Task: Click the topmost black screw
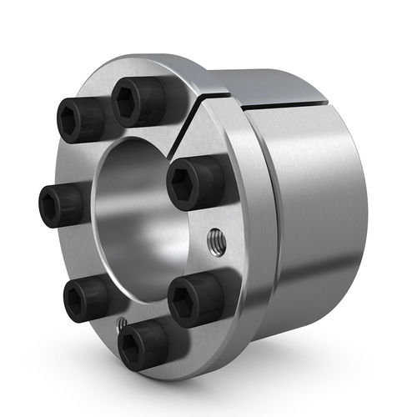pos(138,101)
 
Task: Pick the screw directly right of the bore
pos(193,182)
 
